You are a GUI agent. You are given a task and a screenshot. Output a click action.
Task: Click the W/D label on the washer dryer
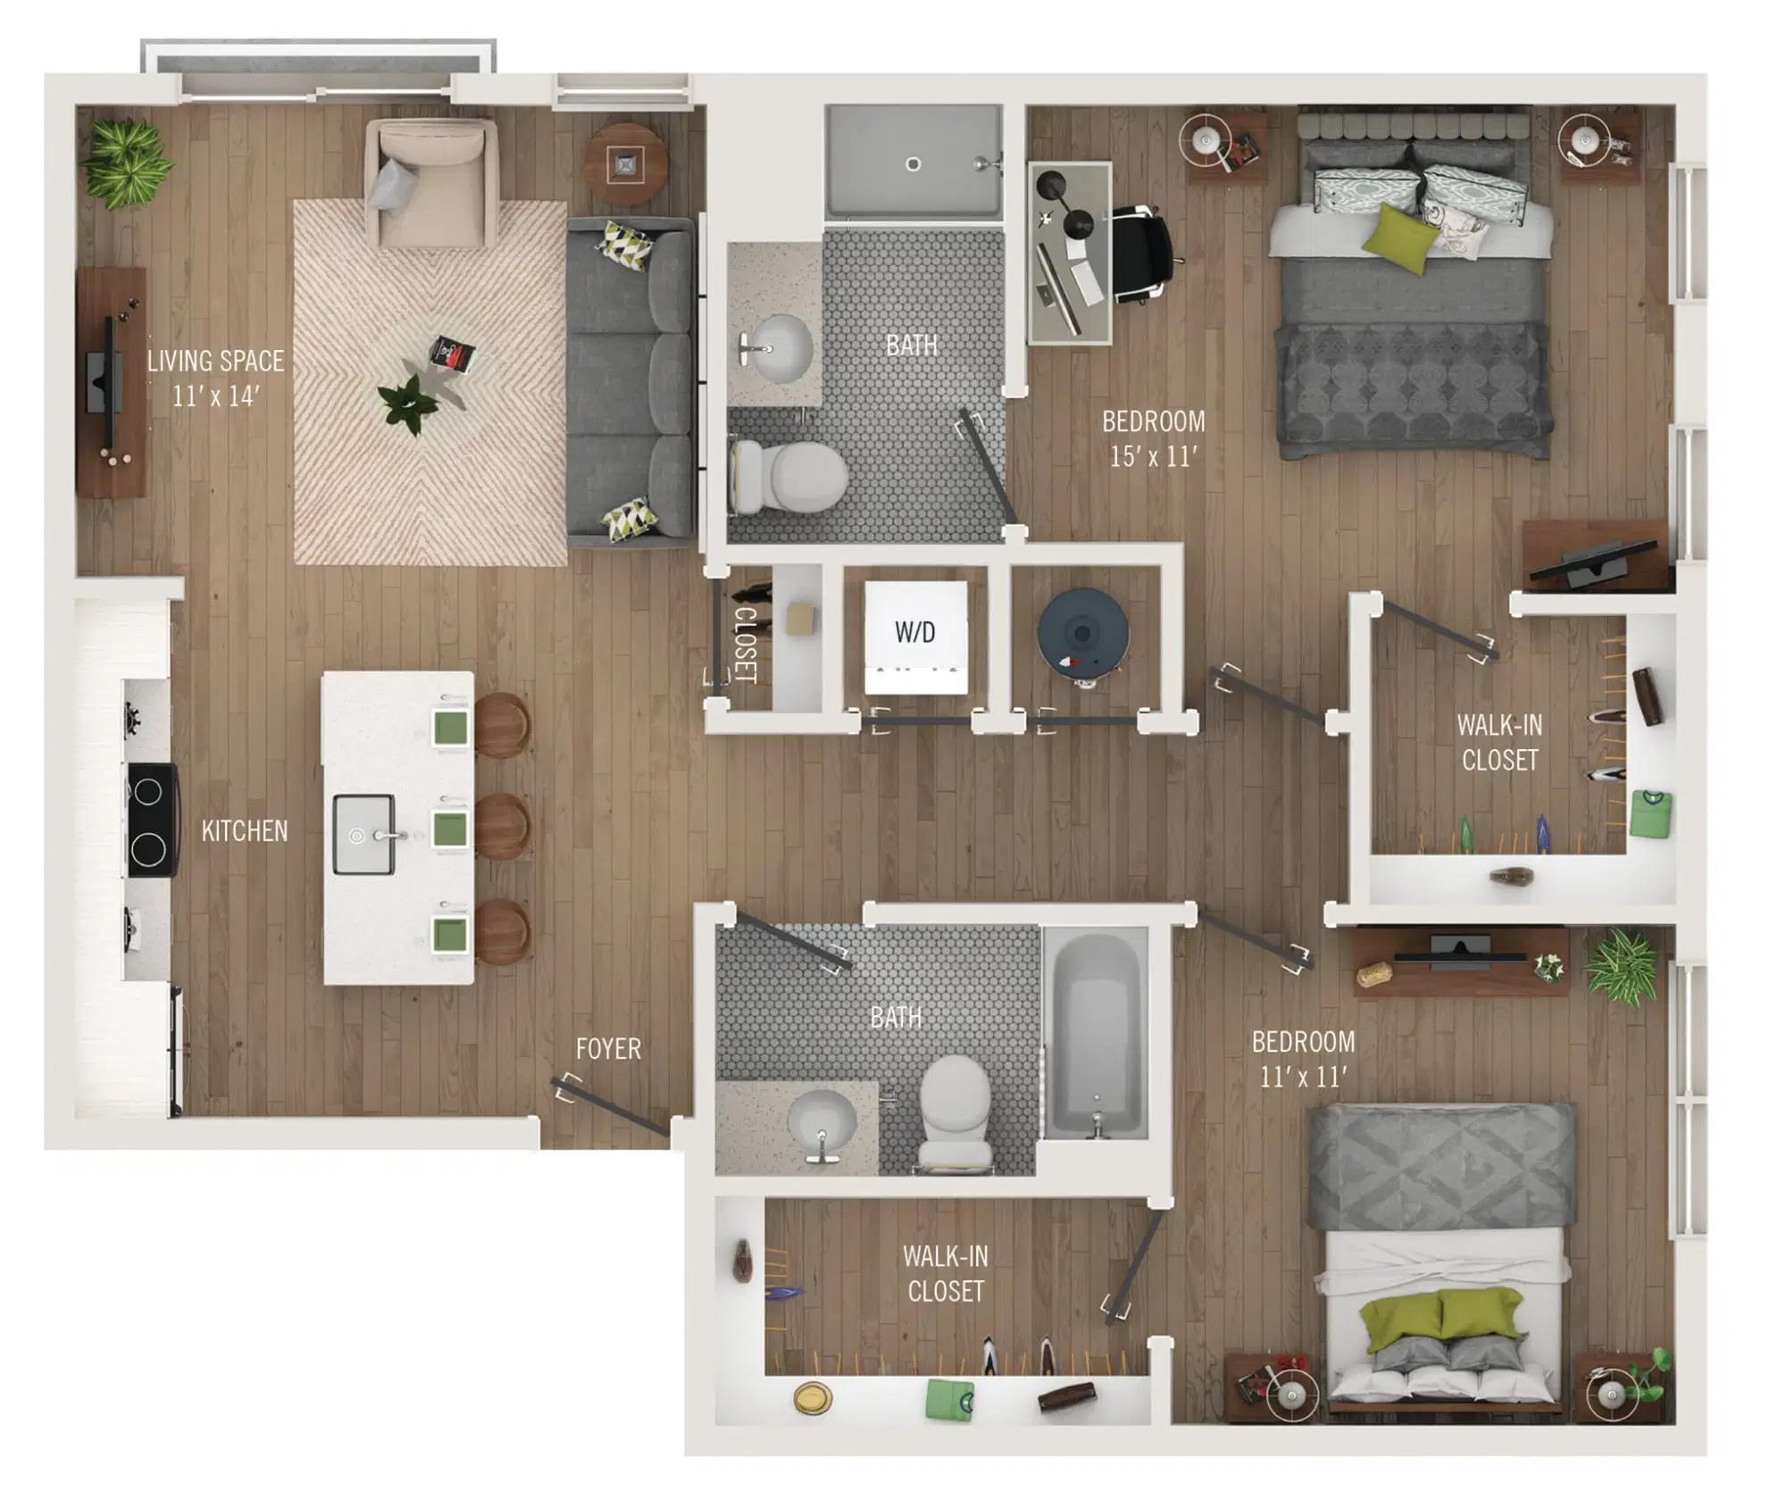pos(914,633)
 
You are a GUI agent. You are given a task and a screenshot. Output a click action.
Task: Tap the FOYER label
pos(608,1048)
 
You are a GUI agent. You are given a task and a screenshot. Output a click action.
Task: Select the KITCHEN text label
pos(245,831)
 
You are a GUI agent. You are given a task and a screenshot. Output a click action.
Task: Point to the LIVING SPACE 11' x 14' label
pos(216,378)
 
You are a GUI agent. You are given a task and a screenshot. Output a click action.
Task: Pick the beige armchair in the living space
pos(431,183)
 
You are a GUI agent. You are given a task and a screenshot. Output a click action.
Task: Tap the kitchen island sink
pos(363,835)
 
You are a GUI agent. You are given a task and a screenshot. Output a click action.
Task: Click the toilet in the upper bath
pos(789,477)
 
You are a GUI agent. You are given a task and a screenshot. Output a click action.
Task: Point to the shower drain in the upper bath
pos(913,164)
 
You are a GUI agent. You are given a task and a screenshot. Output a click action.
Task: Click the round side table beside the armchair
pos(625,164)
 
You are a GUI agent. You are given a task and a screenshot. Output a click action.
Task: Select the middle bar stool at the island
pos(500,828)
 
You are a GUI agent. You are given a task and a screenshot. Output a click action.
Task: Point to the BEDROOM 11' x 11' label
pos(1303,1059)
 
